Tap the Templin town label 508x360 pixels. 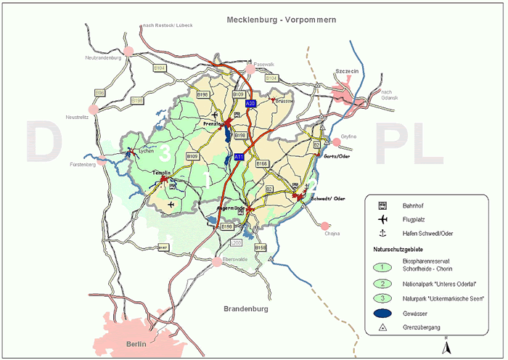coord(160,172)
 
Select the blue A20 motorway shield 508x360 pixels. coord(251,105)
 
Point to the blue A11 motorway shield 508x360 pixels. coord(239,157)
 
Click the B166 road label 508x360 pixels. coord(262,164)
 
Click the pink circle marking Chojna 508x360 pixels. coord(325,226)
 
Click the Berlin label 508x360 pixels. coord(136,343)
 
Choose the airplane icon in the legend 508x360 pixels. coord(382,218)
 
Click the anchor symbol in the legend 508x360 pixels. coord(382,233)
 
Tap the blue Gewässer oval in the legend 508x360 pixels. coord(382,314)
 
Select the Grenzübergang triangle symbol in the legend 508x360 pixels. coord(382,328)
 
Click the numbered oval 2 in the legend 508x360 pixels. coord(382,283)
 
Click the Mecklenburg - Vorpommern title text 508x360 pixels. coord(281,20)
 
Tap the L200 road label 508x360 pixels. coord(236,242)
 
